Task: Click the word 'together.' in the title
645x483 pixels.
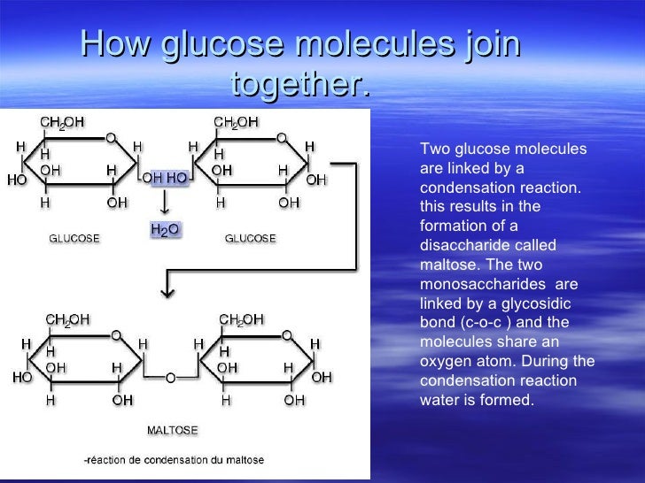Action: coord(299,86)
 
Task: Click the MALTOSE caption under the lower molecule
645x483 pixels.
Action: coord(173,431)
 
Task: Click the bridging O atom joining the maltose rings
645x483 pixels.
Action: coord(169,378)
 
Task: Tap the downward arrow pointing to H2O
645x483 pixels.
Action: coord(165,204)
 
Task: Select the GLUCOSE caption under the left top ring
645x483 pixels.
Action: coord(74,239)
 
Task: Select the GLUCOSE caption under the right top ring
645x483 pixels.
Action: coord(250,239)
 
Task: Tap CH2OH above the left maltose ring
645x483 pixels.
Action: coord(66,320)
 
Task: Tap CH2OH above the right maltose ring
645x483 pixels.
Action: coord(242,320)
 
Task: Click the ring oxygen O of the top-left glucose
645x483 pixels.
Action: coord(111,138)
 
